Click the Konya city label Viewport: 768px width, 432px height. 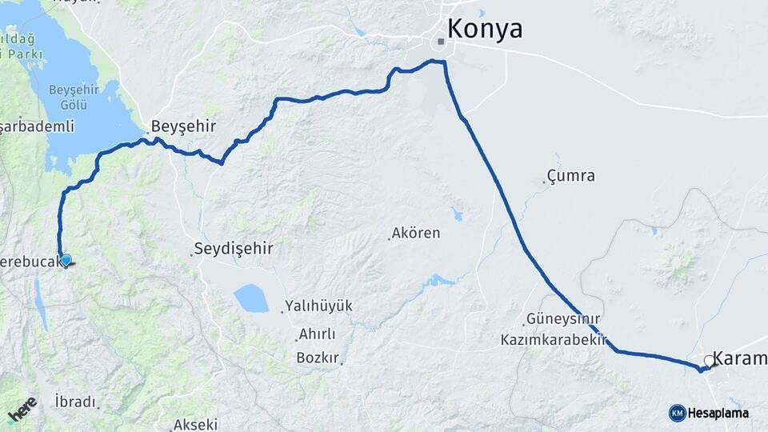pyautogui.click(x=485, y=29)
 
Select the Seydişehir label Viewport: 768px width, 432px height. pyautogui.click(x=234, y=249)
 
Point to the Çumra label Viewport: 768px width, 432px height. pyautogui.click(x=570, y=176)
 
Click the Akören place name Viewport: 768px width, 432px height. pyautogui.click(x=415, y=234)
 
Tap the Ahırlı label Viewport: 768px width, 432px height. pyautogui.click(x=317, y=334)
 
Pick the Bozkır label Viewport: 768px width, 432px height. pyautogui.click(x=318, y=357)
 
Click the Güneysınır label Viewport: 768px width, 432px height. pyautogui.click(x=563, y=318)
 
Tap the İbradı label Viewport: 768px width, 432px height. pyautogui.click(x=75, y=402)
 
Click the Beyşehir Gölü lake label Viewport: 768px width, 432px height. pyautogui.click(x=73, y=97)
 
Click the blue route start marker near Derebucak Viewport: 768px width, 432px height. pyautogui.click(x=66, y=260)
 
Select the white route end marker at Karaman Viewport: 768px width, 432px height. pyautogui.click(x=709, y=361)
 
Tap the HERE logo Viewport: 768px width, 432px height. pyautogui.click(x=22, y=410)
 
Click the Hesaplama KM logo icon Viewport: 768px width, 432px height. pyautogui.click(x=677, y=412)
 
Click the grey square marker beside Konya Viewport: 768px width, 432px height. pyautogui.click(x=441, y=41)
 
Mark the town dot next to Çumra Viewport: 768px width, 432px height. pyautogui.click(x=544, y=182)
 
